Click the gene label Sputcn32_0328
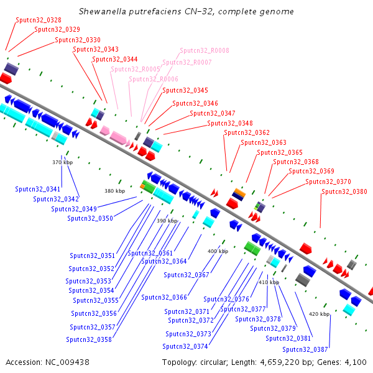point(39,21)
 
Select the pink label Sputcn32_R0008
point(205,51)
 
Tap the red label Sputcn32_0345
point(185,91)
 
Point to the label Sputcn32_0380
point(344,191)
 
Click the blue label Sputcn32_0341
point(37,190)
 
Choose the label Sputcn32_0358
point(89,339)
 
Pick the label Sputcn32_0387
point(305,349)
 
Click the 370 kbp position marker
point(63,162)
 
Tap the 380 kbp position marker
point(114,191)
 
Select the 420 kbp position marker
point(320,314)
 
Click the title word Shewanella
point(103,11)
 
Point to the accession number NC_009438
point(67,362)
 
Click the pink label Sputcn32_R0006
point(154,79)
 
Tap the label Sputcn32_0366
point(164,298)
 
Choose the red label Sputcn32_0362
point(247,133)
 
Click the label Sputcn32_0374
point(185,347)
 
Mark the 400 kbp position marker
point(218,251)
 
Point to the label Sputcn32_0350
point(90,219)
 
